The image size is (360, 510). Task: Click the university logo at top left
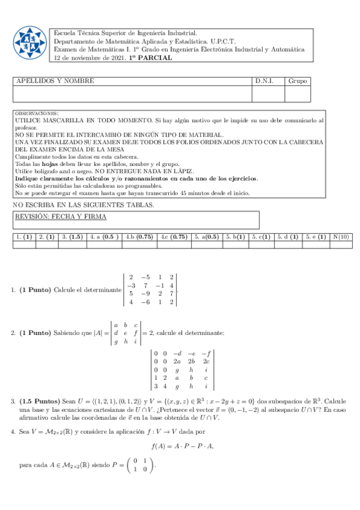tap(29, 43)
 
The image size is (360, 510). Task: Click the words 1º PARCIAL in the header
tap(150, 58)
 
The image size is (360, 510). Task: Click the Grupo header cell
tap(297, 81)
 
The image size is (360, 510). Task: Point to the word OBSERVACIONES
tap(37, 113)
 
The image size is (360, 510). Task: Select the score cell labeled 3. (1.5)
tap(72, 237)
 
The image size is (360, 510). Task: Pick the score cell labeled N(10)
tap(341, 237)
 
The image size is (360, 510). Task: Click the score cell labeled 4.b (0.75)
tap(139, 237)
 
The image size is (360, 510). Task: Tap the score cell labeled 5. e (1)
tap(316, 237)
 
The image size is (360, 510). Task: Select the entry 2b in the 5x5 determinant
tap(192, 361)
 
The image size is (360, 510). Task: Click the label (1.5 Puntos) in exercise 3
tap(40, 401)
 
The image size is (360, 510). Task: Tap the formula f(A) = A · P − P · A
tap(183, 446)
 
